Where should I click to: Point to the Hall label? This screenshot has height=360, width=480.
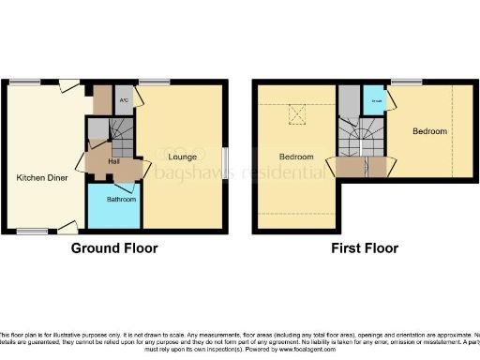tap(112, 161)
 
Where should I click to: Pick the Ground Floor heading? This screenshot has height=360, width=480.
tap(114, 248)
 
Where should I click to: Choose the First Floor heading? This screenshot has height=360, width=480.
tap(364, 248)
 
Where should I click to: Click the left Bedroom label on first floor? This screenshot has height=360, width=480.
tap(295, 157)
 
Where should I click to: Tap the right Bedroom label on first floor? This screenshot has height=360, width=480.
tap(429, 130)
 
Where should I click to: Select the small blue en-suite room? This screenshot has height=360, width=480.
tap(373, 101)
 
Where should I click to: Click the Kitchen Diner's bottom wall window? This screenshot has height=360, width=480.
tap(35, 231)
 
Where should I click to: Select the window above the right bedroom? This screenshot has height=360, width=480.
tap(406, 83)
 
